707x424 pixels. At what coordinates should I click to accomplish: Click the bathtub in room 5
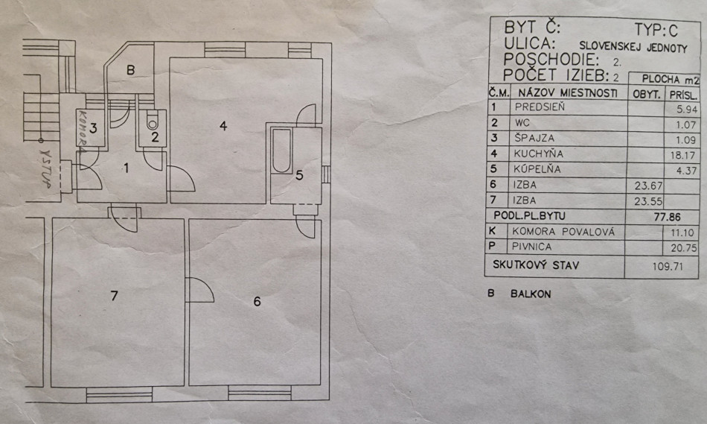282,151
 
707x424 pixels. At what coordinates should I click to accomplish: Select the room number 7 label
114,296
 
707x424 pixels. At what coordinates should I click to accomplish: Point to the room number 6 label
257,301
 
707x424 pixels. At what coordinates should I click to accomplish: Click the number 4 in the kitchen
223,126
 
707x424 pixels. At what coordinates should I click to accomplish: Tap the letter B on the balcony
131,70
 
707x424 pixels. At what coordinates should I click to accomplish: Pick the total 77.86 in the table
668,217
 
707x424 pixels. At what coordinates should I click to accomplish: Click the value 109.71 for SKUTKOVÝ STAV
668,266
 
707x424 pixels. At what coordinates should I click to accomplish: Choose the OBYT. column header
647,95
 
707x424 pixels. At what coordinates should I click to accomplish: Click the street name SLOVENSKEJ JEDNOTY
633,47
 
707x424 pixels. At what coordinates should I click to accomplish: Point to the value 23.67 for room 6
647,186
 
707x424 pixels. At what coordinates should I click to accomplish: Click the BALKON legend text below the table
531,294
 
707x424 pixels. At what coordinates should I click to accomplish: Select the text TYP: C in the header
656,30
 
